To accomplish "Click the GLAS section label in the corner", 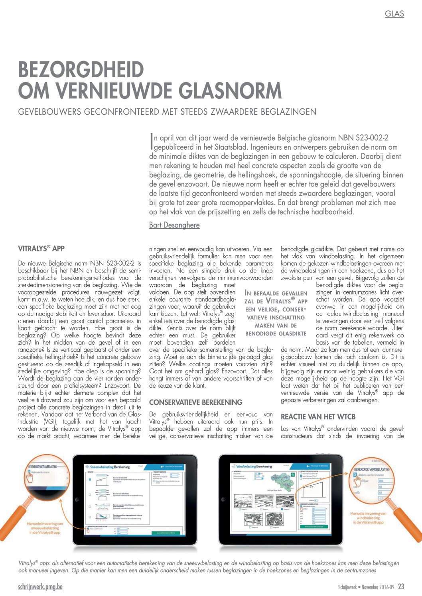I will tap(394, 14).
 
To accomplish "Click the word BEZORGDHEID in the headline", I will tap(81, 70).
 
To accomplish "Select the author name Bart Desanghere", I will tap(174, 225).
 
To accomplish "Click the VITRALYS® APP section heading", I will tap(41, 249).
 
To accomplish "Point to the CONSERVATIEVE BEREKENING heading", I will tap(195, 402).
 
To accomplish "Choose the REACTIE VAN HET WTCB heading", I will tap(318, 417).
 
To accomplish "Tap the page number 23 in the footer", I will tap(401, 586).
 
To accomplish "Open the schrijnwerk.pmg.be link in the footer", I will tap(40, 587).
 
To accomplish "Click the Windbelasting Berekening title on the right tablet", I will tap(254, 466).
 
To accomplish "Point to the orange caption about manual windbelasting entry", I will tap(369, 518).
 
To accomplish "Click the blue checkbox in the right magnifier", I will tap(355, 475).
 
